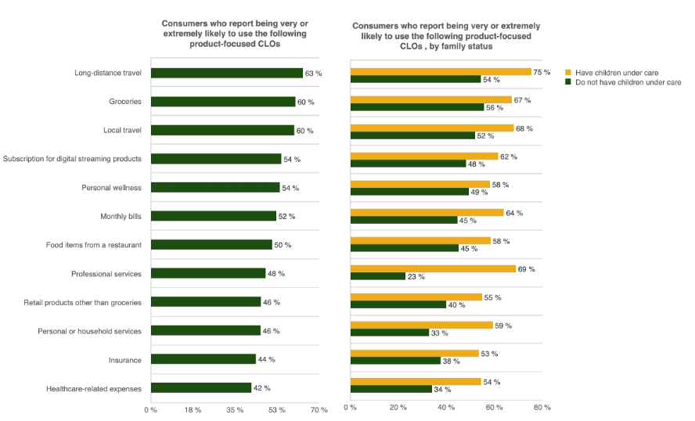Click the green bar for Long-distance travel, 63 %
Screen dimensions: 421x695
226,73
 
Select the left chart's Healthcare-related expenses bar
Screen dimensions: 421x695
201,387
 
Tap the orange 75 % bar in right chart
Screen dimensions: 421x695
441,72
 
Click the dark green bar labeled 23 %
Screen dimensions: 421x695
378,276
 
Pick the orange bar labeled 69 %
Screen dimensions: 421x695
433,269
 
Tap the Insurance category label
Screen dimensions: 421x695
125,360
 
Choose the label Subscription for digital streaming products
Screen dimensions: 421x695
72,159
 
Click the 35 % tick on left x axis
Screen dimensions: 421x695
235,409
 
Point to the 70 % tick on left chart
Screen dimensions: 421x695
319,409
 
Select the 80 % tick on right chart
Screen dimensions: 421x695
542,408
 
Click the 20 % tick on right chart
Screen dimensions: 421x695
398,408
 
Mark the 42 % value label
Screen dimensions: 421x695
262,388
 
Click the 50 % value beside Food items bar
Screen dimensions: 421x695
283,245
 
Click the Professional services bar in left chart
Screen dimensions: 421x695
208,273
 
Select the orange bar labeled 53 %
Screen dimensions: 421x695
415,354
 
